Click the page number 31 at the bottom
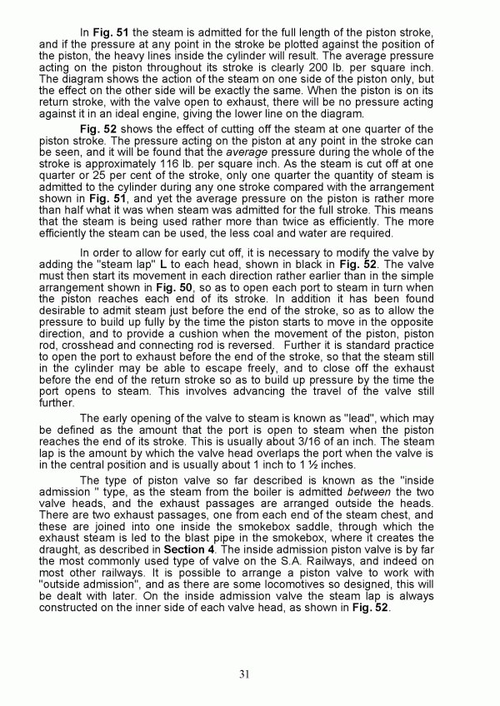click(x=244, y=674)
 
